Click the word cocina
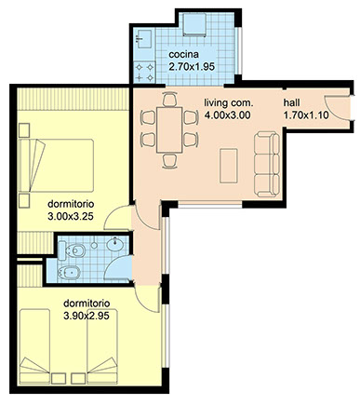point(183,55)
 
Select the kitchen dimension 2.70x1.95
point(192,67)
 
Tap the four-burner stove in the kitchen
point(144,72)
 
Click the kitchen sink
point(143,39)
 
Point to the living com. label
point(229,102)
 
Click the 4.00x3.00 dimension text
point(227,115)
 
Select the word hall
point(291,102)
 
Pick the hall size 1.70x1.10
point(306,115)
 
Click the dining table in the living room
point(169,129)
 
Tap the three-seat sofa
point(267,164)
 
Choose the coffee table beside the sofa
point(229,166)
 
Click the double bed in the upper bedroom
point(56,165)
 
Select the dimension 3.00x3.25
point(71,216)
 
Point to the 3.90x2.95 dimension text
point(87,316)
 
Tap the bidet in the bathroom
point(69,273)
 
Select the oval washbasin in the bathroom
point(115,244)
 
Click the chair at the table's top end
point(169,100)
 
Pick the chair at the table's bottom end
point(169,160)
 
